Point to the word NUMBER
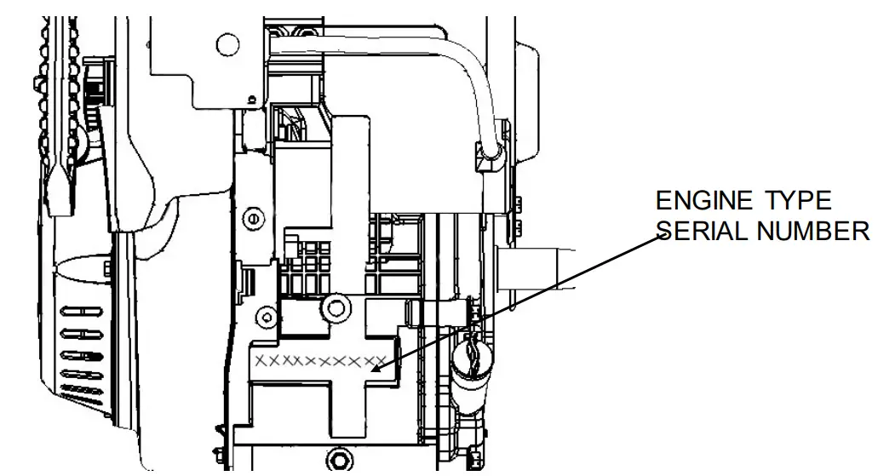818,232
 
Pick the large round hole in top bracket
227,42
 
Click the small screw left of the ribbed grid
252,219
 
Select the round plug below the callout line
471,353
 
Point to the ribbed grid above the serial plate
310,268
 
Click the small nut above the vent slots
105,269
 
